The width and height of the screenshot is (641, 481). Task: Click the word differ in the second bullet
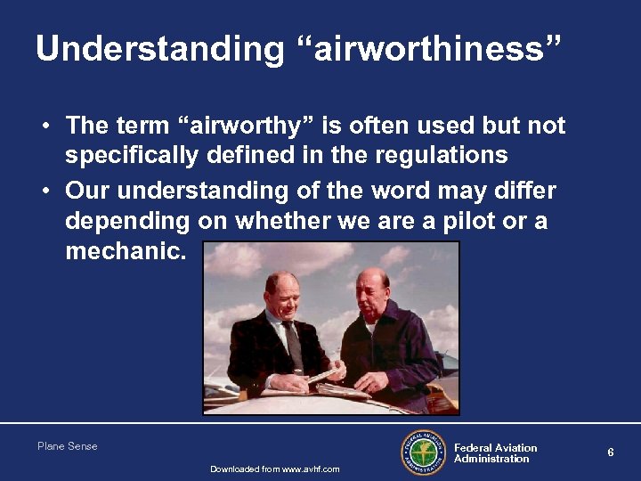click(x=525, y=191)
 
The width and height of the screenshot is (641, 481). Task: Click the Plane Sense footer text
click(x=68, y=446)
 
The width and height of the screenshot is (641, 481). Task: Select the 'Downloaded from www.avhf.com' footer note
click(x=274, y=469)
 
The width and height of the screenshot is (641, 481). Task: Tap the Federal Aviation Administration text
click(x=495, y=453)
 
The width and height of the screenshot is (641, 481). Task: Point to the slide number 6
click(x=611, y=452)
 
